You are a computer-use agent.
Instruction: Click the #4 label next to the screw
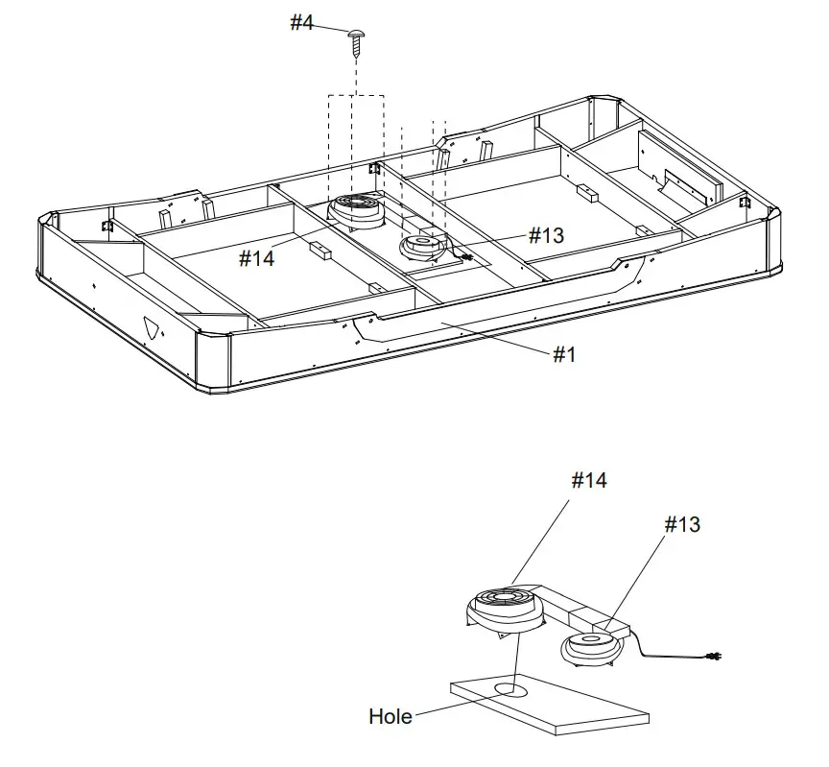[x=302, y=22]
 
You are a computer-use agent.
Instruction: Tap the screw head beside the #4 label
[x=357, y=35]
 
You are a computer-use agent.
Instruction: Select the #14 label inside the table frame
[x=257, y=257]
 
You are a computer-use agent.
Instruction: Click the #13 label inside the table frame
[x=546, y=235]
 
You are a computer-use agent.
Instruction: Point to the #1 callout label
[x=564, y=355]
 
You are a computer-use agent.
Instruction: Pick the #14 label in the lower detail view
[x=589, y=480]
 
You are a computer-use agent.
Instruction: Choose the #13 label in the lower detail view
[x=682, y=524]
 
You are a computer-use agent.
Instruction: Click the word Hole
[x=391, y=716]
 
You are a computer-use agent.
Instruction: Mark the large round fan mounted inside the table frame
[x=357, y=209]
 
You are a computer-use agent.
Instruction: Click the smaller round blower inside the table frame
[x=421, y=246]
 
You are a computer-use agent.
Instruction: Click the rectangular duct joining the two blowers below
[x=585, y=622]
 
